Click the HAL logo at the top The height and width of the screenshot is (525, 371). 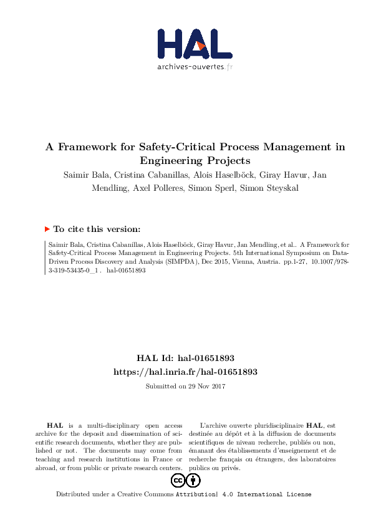[x=194, y=43]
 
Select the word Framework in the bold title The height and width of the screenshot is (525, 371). [x=84, y=148]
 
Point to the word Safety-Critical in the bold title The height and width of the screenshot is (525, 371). [x=160, y=148]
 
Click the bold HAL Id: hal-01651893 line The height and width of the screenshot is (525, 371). [x=185, y=359]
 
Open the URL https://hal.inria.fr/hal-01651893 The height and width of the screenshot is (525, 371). [x=185, y=372]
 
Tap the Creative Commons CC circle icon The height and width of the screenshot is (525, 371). [x=178, y=481]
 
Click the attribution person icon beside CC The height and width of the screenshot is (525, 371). [x=193, y=481]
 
